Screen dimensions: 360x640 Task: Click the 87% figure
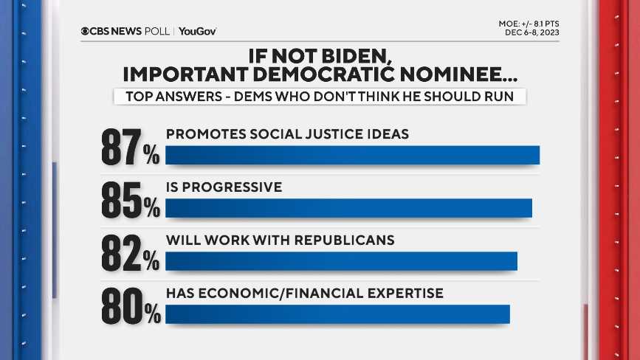[x=131, y=148]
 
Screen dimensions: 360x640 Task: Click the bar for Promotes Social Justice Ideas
[x=352, y=155]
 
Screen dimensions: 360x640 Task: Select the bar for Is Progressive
[x=348, y=208]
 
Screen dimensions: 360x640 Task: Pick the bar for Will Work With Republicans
[x=341, y=261]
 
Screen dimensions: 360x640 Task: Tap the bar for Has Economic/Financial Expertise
[x=337, y=314]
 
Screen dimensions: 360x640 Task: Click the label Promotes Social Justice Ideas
[x=287, y=134]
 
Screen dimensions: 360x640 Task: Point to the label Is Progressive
[x=224, y=187]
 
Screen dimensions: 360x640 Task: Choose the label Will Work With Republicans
[x=280, y=240]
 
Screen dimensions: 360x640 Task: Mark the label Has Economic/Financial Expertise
[x=304, y=294]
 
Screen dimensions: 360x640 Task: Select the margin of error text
[x=529, y=24]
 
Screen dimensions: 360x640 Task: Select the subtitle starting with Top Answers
[x=319, y=96]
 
